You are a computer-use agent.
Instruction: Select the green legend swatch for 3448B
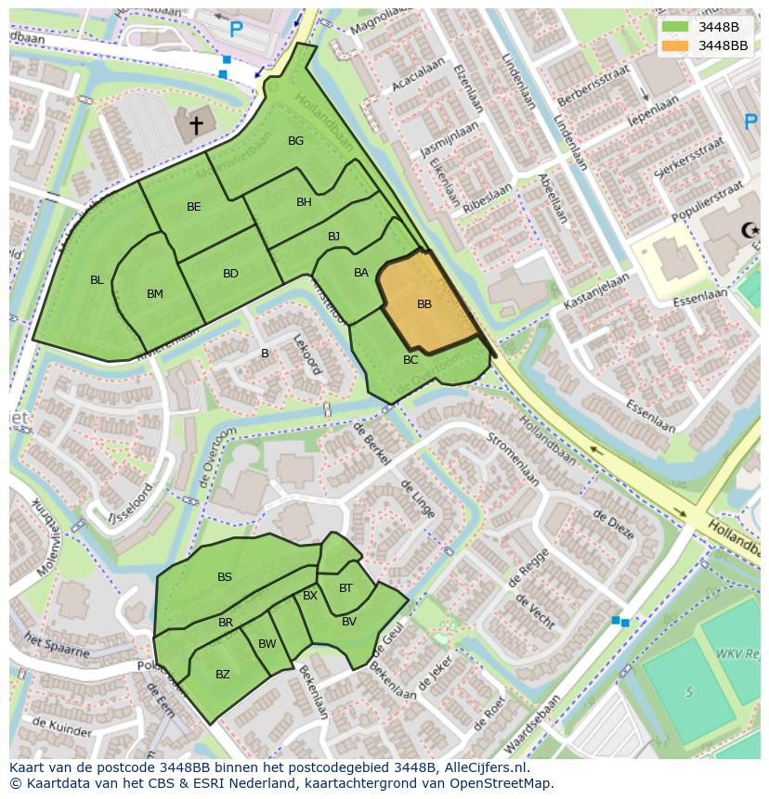coord(676,27)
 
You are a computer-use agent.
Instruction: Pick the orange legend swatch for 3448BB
coord(676,45)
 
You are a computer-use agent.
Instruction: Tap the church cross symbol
coord(196,124)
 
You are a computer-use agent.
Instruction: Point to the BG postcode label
coord(295,141)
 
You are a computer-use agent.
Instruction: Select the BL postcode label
coord(97,280)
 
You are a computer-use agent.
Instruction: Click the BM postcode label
coord(155,294)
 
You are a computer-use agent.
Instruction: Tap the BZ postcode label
coord(223,675)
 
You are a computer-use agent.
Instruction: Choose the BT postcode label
coord(345,588)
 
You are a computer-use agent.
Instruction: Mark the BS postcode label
coord(225,577)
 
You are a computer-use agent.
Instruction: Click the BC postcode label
coord(411,360)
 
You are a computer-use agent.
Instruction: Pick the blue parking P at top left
coord(236,30)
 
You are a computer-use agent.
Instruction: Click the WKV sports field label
coord(737,654)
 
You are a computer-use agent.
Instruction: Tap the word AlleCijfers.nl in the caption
coord(482,767)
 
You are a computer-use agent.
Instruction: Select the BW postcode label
coord(267,644)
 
